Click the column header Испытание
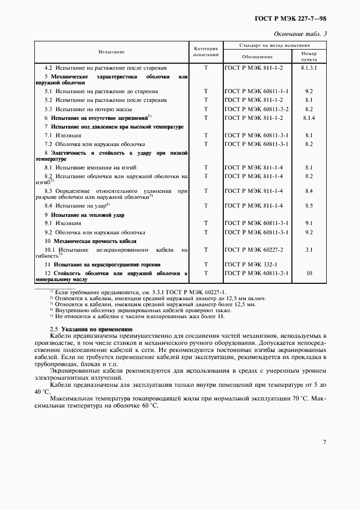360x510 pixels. (112, 52)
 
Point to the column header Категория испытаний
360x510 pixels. (206, 52)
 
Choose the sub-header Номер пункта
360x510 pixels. (309, 57)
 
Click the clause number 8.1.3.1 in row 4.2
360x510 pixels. (309, 68)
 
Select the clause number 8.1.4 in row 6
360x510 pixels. (309, 117)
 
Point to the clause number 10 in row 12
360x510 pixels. (309, 273)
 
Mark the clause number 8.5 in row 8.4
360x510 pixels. (309, 205)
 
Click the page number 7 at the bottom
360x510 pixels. (324, 442)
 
